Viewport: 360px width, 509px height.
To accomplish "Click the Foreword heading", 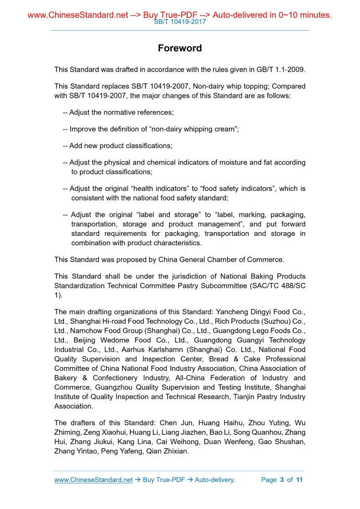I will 180,48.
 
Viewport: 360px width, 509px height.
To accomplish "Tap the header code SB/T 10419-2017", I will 180,22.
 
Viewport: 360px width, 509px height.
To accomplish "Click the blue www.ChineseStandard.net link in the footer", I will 94,480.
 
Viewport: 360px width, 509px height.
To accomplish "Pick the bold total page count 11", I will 299,480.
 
